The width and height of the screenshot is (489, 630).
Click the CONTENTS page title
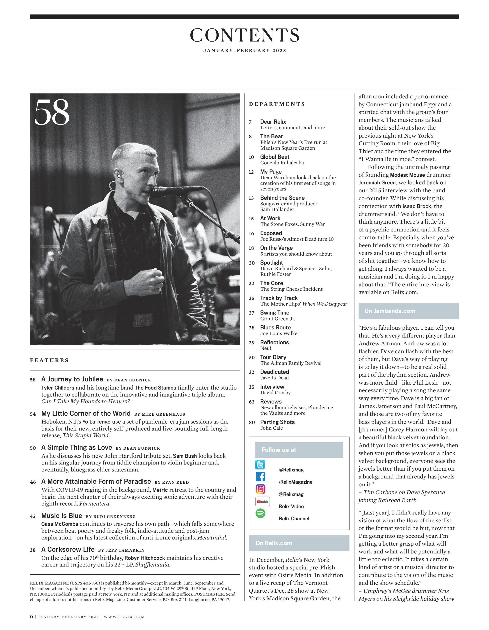pyautogui.click(x=244, y=35)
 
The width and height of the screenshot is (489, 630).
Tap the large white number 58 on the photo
pyautogui.click(x=52, y=113)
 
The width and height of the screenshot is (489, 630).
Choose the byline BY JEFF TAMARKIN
pyautogui.click(x=121, y=550)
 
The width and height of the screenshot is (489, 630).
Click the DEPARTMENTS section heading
pyautogui.click(x=277, y=104)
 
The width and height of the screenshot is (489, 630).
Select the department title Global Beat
pyautogui.click(x=274, y=157)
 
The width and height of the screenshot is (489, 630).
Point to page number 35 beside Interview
pyautogui.click(x=251, y=387)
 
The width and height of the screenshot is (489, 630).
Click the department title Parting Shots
pyautogui.click(x=277, y=422)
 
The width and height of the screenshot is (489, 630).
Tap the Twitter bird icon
pyautogui.click(x=260, y=465)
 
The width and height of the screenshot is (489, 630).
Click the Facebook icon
pyautogui.click(x=260, y=477)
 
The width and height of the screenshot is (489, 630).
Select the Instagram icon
pyautogui.click(x=260, y=489)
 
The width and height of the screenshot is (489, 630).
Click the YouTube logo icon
pyautogui.click(x=262, y=502)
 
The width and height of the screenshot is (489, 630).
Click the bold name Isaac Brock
pyautogui.click(x=416, y=206)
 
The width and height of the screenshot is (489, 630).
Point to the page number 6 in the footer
pyautogui.click(x=32, y=616)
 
